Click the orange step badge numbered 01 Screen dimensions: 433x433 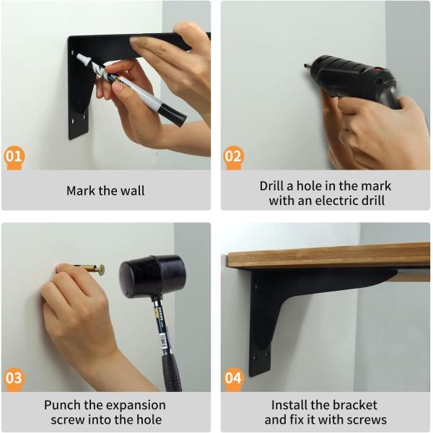coord(14,157)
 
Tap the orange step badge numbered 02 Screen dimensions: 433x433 coord(234,157)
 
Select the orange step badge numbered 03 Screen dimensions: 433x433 coord(14,378)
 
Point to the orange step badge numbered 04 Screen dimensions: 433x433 coord(234,378)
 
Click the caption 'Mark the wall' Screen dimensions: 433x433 coord(105,191)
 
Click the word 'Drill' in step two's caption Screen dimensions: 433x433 coord(275,185)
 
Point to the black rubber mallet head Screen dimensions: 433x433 coord(152,275)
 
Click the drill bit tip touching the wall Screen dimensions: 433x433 coord(307,67)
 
